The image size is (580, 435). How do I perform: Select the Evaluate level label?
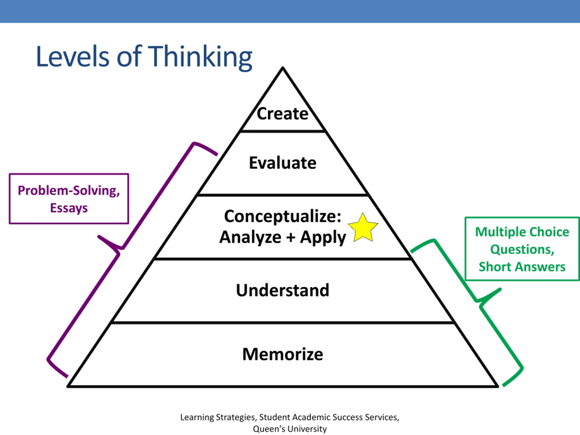(x=283, y=163)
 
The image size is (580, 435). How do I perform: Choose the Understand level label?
(x=283, y=290)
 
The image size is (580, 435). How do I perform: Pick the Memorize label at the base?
(x=283, y=354)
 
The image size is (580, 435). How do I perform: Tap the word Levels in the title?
(x=73, y=56)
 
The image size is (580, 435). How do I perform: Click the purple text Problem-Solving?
(x=69, y=191)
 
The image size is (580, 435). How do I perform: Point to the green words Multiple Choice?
(x=522, y=232)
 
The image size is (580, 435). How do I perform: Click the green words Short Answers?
(x=522, y=267)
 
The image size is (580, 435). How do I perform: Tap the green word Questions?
(x=522, y=249)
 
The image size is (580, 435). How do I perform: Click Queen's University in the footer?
(x=290, y=429)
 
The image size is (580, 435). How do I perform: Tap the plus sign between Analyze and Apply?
(x=290, y=237)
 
